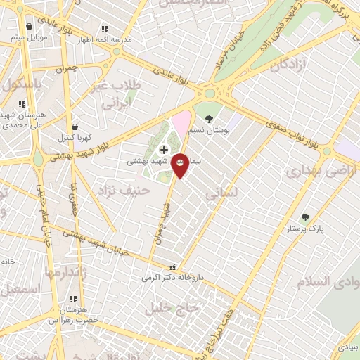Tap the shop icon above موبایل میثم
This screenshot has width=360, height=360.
(x=29, y=27)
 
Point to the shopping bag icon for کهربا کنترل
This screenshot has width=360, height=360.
(x=75, y=127)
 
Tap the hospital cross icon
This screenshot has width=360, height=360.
(x=164, y=150)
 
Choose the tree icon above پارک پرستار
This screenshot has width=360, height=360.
(x=304, y=218)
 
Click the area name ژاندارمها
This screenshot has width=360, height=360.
(x=65, y=272)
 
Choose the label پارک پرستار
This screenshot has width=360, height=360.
(x=304, y=229)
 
